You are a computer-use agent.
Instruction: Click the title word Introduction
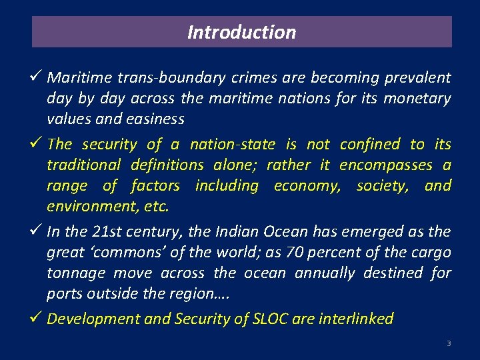pos(241,32)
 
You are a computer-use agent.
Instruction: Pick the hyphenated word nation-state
pos(232,145)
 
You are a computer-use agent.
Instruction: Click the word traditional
pos(83,165)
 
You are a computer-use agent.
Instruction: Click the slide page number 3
pos(449,343)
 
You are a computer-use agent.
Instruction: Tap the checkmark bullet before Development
pos(37,318)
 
